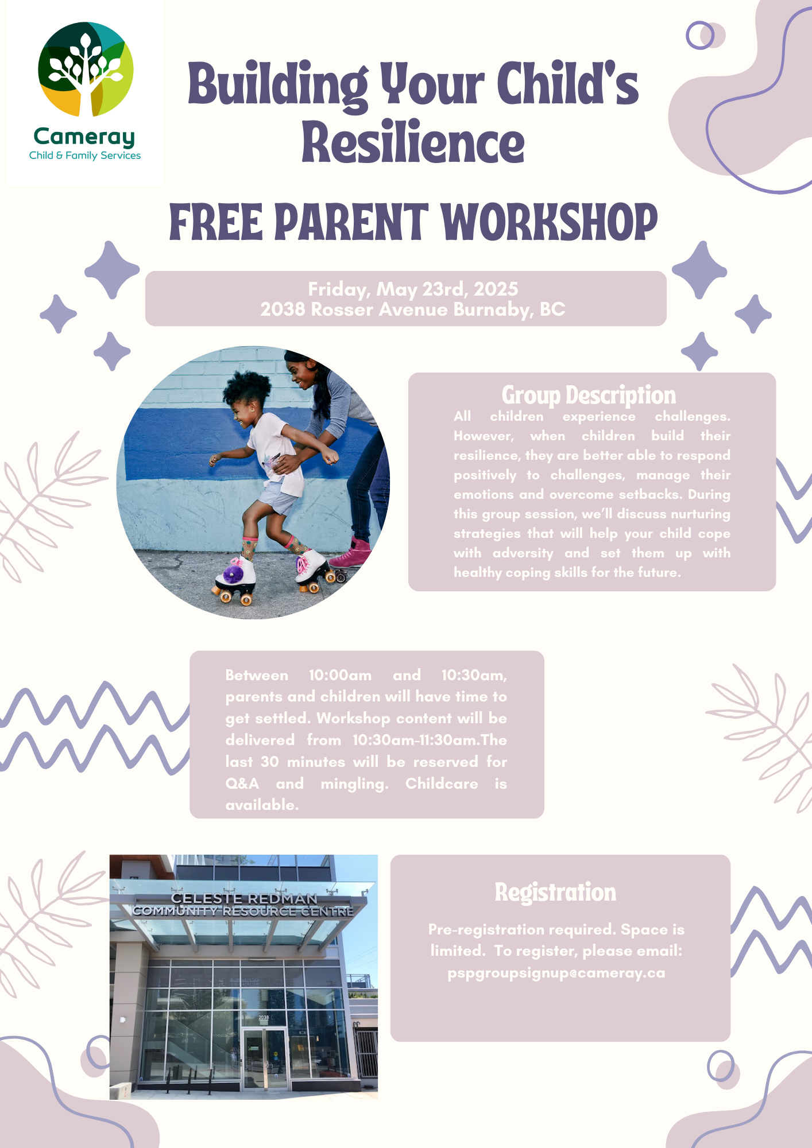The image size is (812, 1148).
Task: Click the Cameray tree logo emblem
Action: coord(86,69)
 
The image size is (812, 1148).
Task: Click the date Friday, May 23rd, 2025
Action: coord(413,289)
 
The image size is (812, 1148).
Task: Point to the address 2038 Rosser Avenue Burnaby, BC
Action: coord(413,309)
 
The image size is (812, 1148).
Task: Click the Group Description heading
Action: coord(589,395)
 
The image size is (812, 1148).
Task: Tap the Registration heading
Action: coord(555,893)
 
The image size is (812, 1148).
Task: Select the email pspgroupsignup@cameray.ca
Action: coord(556,973)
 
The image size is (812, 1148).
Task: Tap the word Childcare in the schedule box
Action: coord(442,784)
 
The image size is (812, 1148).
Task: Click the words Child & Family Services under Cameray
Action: coord(85,156)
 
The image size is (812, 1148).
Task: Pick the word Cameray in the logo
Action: coord(84,137)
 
